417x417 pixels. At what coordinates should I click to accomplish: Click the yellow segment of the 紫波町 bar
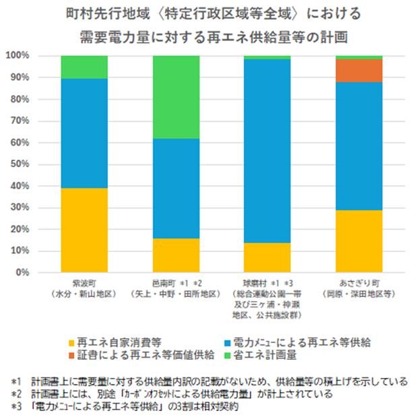click(84, 230)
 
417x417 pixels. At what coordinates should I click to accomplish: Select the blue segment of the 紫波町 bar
click(84, 133)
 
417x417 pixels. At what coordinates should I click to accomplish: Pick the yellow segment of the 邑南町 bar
click(176, 255)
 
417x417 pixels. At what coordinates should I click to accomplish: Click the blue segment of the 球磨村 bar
click(267, 151)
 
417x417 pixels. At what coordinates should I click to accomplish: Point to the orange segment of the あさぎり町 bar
click(359, 70)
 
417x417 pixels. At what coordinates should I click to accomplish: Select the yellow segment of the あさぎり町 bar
click(359, 241)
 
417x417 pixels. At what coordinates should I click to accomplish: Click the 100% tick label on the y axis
click(37, 56)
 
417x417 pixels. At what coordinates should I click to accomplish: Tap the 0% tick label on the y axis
click(42, 273)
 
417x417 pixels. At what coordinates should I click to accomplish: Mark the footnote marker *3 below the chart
click(15, 408)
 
